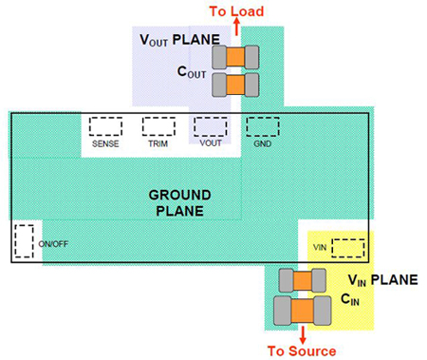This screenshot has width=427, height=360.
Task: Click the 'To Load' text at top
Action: coord(236,10)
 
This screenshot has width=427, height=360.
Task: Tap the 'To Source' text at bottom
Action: coord(302,351)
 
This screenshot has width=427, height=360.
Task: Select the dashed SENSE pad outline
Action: coord(105,126)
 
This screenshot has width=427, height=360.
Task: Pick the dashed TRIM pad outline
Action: coord(157,126)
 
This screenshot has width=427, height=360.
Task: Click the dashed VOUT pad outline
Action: coord(210,126)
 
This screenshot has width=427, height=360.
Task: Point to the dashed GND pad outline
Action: coord(262,125)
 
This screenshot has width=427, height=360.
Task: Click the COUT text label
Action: coord(193,70)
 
